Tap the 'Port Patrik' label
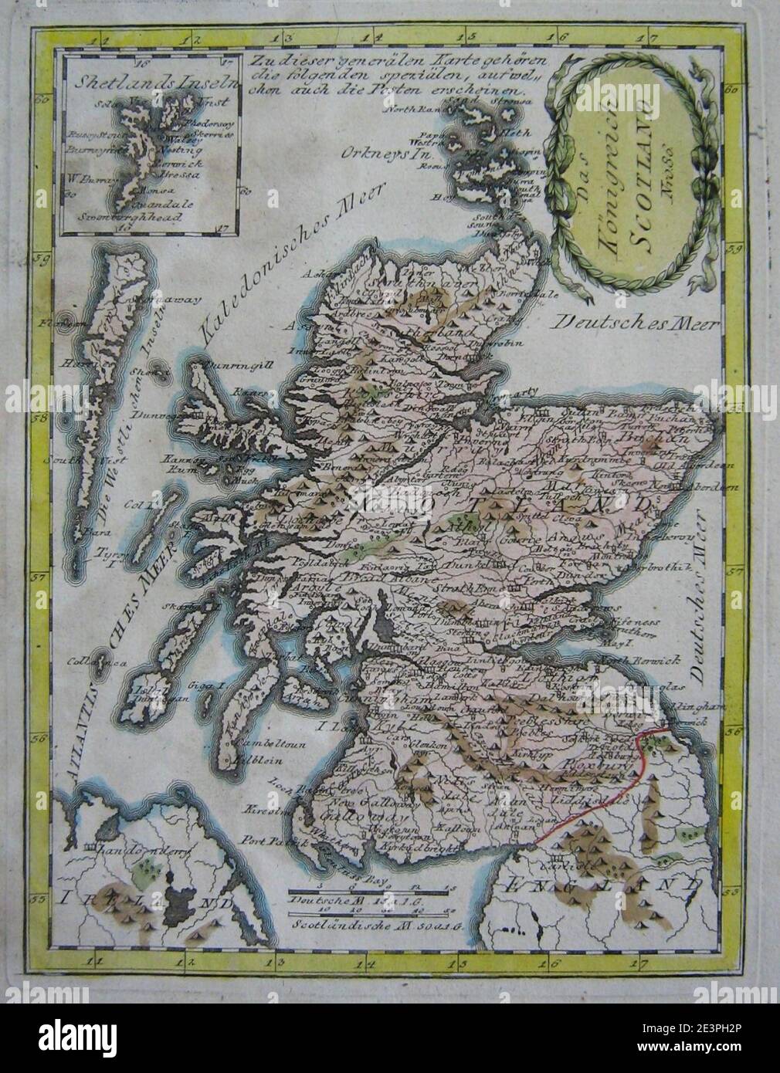tap(287, 844)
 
